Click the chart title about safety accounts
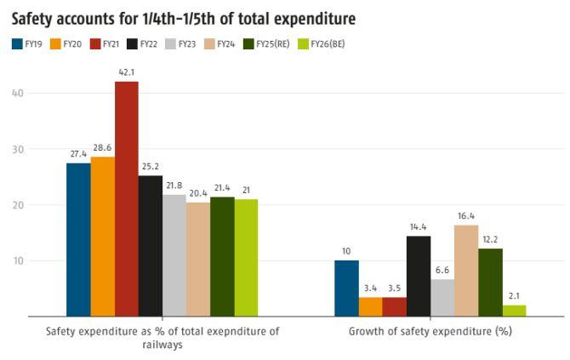183,18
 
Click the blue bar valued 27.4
78,239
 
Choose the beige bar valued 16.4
466,270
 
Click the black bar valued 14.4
419,276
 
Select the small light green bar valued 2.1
514,311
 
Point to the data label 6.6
442,271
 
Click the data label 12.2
490,239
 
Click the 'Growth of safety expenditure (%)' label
430,330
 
